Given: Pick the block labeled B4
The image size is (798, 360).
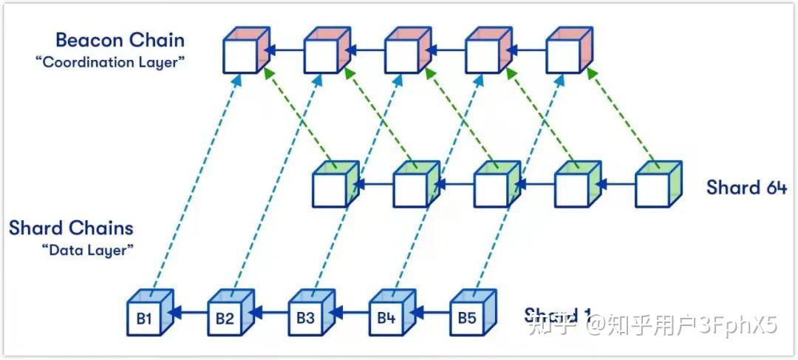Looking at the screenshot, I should point(386,319).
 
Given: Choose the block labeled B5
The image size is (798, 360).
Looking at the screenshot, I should point(467,319).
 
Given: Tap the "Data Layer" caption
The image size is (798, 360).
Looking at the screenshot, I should point(88,250).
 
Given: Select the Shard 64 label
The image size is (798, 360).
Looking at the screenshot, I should point(746,186).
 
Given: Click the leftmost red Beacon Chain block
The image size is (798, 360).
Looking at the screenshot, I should point(245,53).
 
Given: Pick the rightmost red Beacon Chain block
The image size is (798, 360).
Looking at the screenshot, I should point(568,53).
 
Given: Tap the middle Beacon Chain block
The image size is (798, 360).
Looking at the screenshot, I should point(406,53).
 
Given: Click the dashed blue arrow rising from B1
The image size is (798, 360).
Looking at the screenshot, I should point(195,185).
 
